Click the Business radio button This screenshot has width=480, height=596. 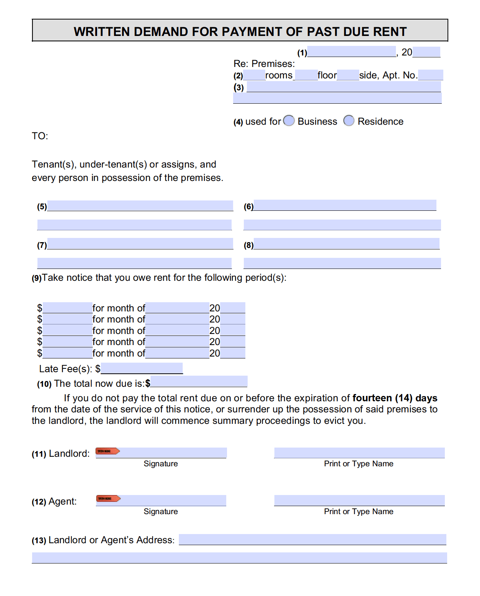pos(289,121)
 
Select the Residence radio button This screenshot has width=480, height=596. pos(349,121)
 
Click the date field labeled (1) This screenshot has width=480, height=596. pos(351,52)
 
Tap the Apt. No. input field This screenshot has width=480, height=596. pos(430,75)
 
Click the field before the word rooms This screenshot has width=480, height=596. pos(254,75)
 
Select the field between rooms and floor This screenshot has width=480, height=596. pos(306,75)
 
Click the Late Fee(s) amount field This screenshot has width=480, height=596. pos(142,368)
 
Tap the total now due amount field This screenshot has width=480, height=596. pos(199,381)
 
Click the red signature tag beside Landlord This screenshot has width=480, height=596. pos(107,451)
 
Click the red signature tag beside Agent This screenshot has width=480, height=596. pos(108,498)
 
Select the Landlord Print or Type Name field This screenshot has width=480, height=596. pos(359,453)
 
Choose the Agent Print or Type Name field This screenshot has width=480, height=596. pos(359,500)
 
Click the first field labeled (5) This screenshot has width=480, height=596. pos(140,206)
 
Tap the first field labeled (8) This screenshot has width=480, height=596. pos(346,244)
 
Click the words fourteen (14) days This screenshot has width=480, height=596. pos(394,398)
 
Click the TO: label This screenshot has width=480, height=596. pos(40,136)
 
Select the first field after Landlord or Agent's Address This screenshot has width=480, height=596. pos(312,539)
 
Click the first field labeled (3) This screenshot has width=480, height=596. pos(344,87)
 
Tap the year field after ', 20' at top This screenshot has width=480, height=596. pos(426,52)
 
